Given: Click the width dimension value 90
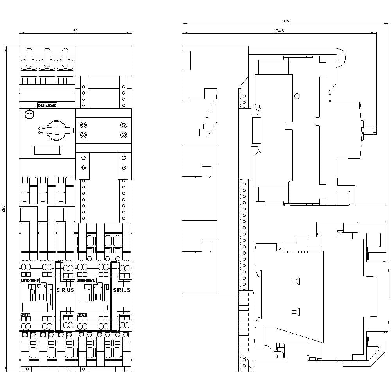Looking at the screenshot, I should (75, 31).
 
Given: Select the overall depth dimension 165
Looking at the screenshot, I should (285, 21).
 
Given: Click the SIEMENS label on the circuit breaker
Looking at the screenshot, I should (47, 105).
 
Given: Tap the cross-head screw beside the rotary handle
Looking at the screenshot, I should (28, 115).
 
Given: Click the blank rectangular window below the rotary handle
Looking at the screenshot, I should (47, 151).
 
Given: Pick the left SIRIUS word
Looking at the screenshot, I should (65, 290).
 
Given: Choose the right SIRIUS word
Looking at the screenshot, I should (122, 290).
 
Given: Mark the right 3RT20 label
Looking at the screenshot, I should (83, 314).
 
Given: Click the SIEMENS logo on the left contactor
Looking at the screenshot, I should (30, 280).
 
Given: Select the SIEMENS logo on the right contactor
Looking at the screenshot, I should (86, 280).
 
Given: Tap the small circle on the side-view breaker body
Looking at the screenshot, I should (297, 96).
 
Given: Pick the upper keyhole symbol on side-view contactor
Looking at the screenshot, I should (295, 281).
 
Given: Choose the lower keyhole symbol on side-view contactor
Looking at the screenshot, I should (295, 312).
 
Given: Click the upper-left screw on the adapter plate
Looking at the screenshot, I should (83, 125).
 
